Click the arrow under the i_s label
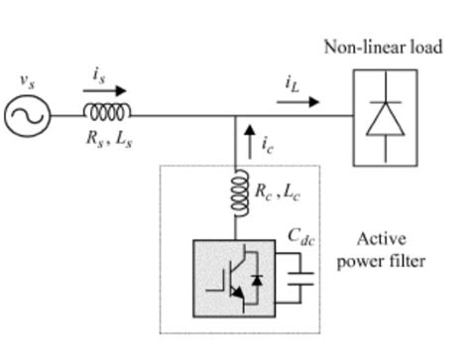[x=99, y=90]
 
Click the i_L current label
[x=292, y=84]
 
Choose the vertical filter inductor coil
[x=238, y=194]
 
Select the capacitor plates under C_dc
[x=299, y=273]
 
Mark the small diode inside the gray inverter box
[x=256, y=281]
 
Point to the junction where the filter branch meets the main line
[x=237, y=116]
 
